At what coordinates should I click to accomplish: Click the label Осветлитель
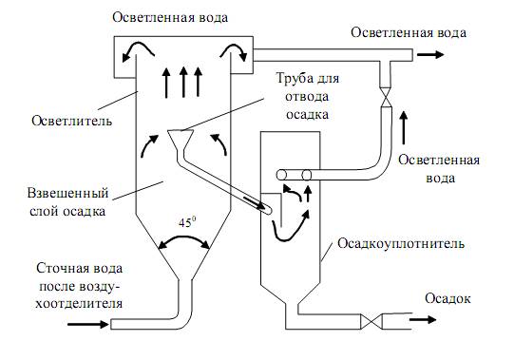72,121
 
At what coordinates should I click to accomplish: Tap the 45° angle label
187,222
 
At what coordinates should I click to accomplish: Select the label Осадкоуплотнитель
401,244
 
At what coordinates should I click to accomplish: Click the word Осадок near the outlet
447,298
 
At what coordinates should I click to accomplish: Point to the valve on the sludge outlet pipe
371,321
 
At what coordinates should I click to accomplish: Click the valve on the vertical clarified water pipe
386,97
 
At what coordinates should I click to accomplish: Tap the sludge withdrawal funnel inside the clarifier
181,141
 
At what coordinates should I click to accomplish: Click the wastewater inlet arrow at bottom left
87,324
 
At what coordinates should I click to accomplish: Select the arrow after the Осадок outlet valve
423,319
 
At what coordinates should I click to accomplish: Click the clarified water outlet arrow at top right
430,54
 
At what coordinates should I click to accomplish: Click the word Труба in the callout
293,78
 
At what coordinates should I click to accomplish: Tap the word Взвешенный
67,193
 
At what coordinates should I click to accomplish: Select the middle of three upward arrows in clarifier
183,83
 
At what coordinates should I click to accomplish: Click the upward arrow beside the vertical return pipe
404,128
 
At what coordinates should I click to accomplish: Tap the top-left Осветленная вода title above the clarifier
170,17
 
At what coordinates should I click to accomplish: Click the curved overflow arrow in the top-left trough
137,51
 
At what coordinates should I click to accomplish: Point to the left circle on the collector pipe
281,175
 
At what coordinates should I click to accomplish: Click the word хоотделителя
79,304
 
